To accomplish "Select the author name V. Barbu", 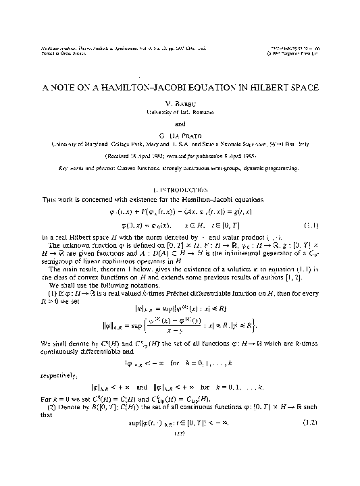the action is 180,105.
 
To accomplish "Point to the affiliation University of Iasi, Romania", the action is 180,113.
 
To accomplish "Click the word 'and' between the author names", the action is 180,124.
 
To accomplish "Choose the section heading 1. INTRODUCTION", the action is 180,190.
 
